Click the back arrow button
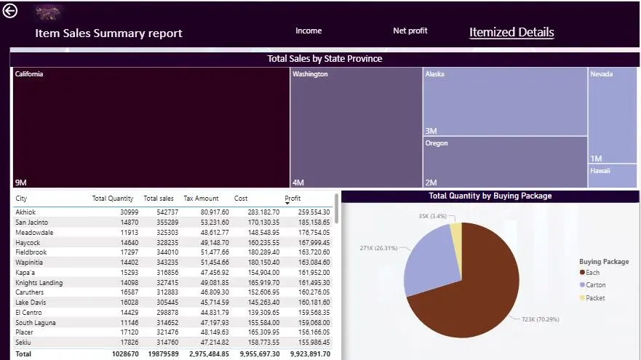click(x=10, y=12)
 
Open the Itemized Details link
click(x=511, y=32)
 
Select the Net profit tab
click(x=410, y=31)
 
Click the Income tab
click(x=308, y=31)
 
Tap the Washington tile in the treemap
click(x=356, y=128)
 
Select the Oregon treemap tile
click(x=505, y=162)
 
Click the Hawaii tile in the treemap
click(x=612, y=175)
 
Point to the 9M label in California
click(x=21, y=183)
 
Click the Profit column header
click(x=292, y=198)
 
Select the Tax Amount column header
click(x=201, y=198)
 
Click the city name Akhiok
click(x=25, y=212)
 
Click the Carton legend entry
click(x=595, y=285)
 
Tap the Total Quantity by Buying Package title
click(x=490, y=196)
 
